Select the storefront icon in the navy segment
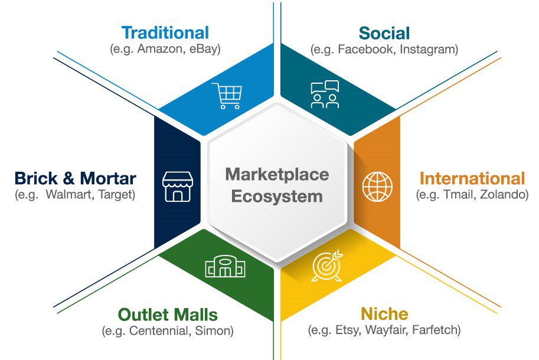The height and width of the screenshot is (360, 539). [178, 187]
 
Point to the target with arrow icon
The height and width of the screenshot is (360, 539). [326, 266]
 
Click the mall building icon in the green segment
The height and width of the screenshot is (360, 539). [225, 267]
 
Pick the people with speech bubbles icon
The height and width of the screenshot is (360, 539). [325, 94]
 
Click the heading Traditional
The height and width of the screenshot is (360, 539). [165, 32]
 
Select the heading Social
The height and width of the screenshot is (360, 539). [384, 33]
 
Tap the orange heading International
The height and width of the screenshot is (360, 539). [472, 178]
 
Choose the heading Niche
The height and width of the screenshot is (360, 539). [384, 313]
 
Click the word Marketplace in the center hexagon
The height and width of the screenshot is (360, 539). [277, 175]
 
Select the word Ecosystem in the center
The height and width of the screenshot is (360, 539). [277, 196]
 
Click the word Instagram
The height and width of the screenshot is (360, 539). [428, 50]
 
